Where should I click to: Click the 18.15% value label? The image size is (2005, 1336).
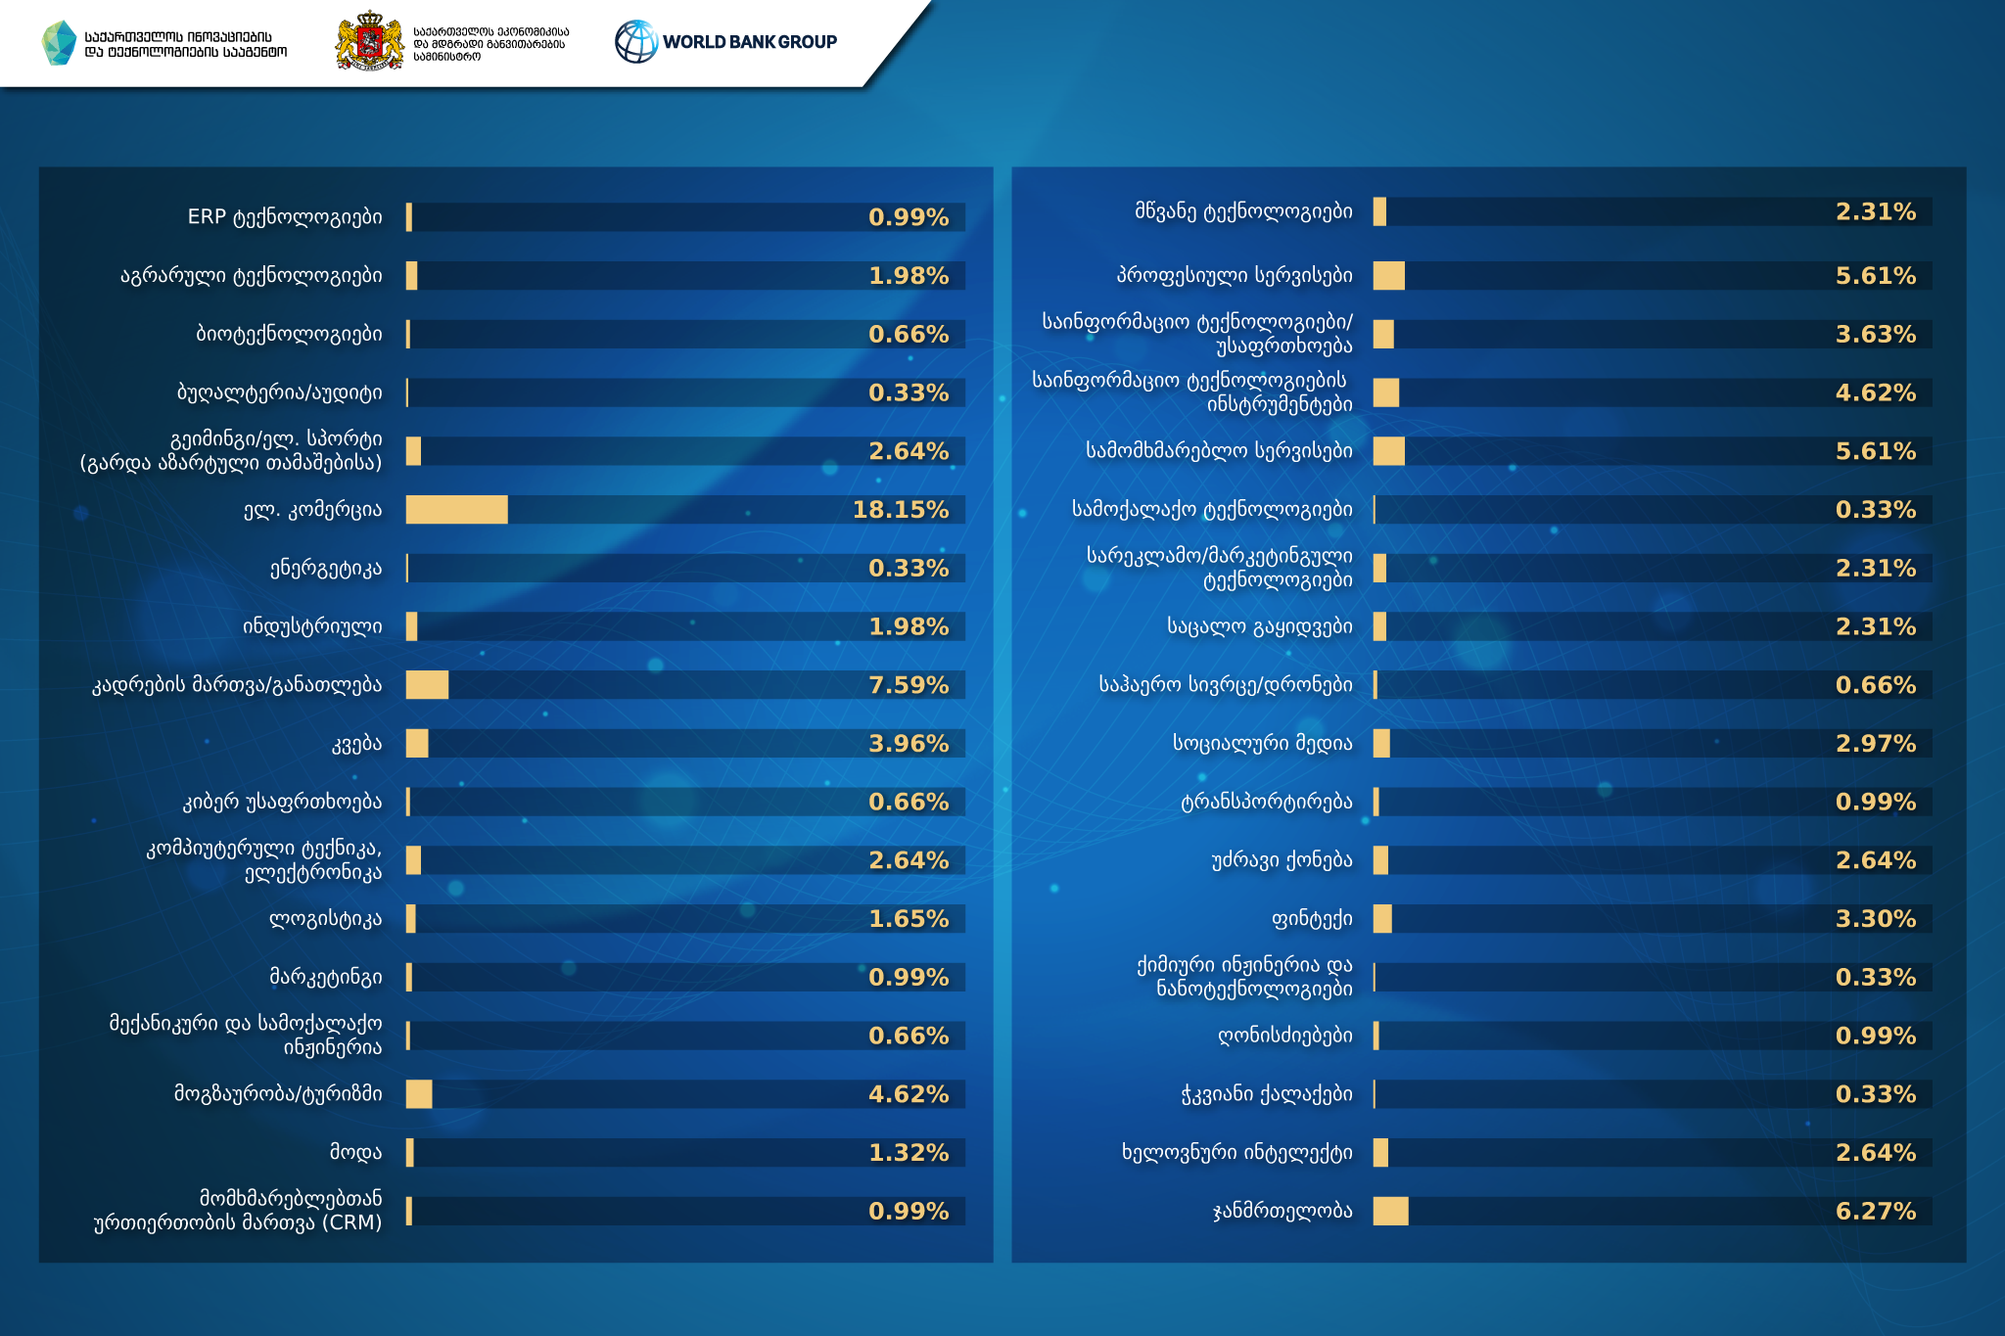(x=900, y=510)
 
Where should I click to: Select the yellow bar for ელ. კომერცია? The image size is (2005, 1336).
(x=456, y=510)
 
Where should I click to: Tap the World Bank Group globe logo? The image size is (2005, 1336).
(x=636, y=42)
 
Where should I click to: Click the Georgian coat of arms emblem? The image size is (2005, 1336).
(x=369, y=41)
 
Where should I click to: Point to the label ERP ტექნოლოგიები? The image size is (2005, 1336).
(x=285, y=217)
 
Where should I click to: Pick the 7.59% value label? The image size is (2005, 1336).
(x=909, y=685)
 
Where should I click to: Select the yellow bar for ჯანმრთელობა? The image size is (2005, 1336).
(x=1390, y=1211)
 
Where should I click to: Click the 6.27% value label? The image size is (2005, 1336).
(x=1875, y=1211)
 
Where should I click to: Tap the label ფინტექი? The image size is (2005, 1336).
(x=1312, y=919)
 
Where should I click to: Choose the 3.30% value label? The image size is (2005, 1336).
(x=1875, y=919)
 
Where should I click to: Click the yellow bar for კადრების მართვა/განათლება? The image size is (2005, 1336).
(x=427, y=685)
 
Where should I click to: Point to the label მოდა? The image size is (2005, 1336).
(x=355, y=1153)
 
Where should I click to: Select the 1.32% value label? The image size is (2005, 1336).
(x=909, y=1153)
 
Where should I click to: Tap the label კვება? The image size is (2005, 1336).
(x=356, y=744)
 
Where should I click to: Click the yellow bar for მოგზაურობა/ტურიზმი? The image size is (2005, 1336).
(x=419, y=1094)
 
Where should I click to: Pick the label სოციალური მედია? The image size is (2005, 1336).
(x=1262, y=744)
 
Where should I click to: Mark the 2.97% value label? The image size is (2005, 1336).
(x=1875, y=744)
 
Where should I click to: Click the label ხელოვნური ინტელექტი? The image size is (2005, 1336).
(x=1236, y=1153)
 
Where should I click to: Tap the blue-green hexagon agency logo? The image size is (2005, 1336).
(x=60, y=43)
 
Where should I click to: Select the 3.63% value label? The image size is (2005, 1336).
(x=1875, y=335)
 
